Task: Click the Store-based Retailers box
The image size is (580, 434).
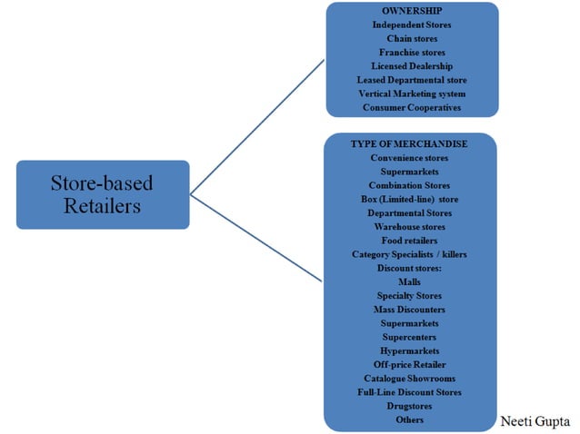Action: [103, 194]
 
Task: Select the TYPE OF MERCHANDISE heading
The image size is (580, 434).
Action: [410, 144]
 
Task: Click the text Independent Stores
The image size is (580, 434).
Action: [411, 25]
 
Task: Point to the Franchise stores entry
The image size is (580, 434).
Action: [411, 53]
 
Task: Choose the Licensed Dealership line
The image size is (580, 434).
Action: [411, 66]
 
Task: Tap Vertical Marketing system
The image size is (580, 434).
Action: [411, 94]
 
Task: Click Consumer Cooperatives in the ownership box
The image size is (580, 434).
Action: [411, 107]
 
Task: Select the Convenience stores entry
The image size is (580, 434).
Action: [410, 158]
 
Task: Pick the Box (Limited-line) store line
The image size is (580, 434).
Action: [410, 199]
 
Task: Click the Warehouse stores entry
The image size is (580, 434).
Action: [410, 226]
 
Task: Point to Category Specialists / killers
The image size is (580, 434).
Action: [410, 254]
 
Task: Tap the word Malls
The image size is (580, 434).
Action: [410, 281]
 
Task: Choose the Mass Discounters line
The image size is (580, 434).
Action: [410, 309]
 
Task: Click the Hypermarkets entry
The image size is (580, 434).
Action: [410, 350]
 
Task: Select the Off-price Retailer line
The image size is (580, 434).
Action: [410, 364]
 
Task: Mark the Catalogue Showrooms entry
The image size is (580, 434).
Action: [410, 378]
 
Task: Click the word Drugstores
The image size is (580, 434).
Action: [410, 406]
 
